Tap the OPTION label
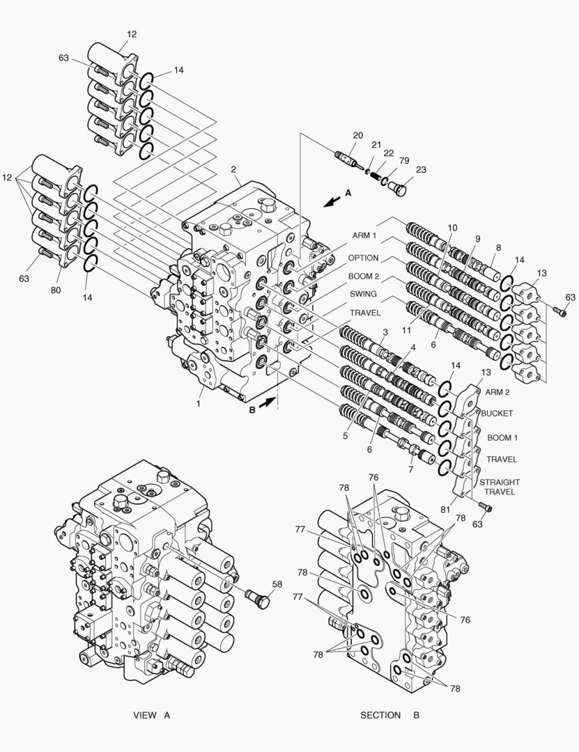[x=363, y=258]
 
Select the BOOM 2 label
[x=364, y=276]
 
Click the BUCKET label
[x=496, y=414]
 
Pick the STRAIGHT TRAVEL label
[x=499, y=487]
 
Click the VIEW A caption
[x=151, y=715]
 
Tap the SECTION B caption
[x=389, y=715]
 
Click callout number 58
[x=277, y=584]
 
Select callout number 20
[x=357, y=135]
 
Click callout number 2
[x=234, y=169]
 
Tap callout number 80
[x=56, y=290]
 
